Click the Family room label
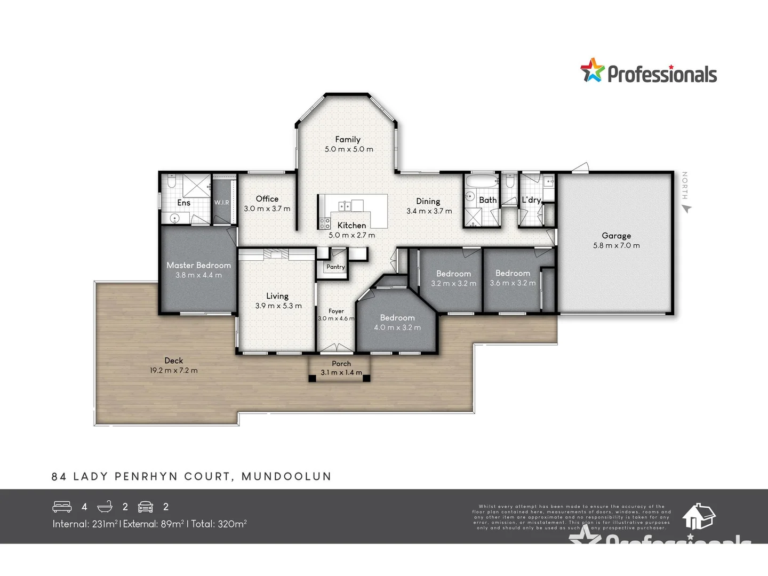[x=348, y=139]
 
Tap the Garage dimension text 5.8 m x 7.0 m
[x=616, y=245]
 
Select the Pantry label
[x=335, y=267]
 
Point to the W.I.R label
[x=222, y=203]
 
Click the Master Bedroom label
[x=198, y=265]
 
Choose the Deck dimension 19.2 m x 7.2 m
[x=173, y=370]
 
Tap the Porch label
[x=341, y=364]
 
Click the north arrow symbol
[x=686, y=209]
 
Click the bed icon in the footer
[x=62, y=507]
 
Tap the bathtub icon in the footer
[x=105, y=506]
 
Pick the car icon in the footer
[x=146, y=507]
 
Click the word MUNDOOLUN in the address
[x=286, y=476]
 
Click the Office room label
[x=267, y=198]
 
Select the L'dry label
[x=531, y=200]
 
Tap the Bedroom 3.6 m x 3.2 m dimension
[x=513, y=283]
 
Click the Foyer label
[x=336, y=311]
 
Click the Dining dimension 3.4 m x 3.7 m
[x=429, y=211]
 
